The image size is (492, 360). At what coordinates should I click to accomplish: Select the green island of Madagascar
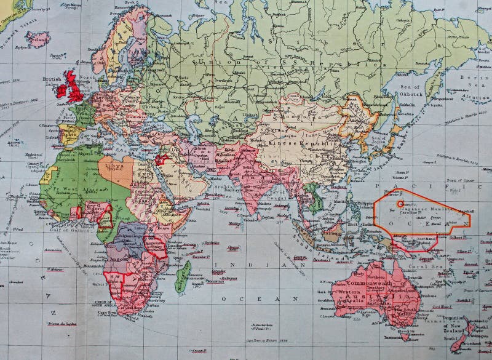pos(182,276)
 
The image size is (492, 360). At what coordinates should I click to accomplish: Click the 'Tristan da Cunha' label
pos(61,324)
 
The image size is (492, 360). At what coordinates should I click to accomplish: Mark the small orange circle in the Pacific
pos(400,203)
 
